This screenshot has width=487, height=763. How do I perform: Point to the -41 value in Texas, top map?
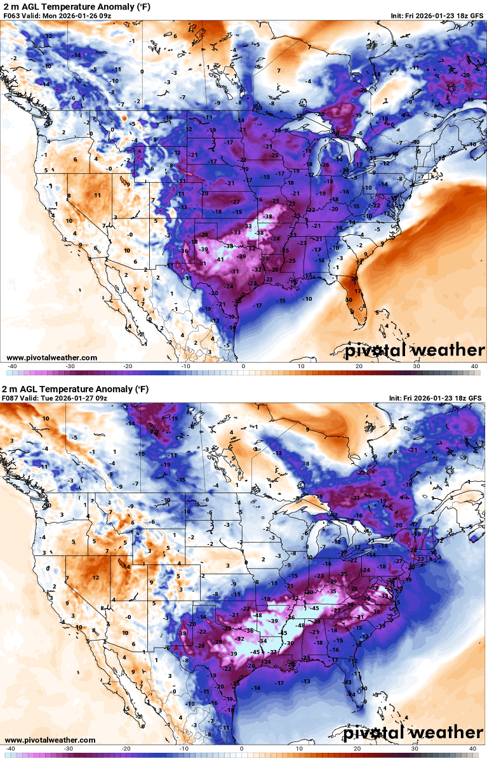click(220, 260)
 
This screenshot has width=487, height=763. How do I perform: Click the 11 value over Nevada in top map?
click(97, 195)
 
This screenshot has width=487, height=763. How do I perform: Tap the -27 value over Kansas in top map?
click(236, 201)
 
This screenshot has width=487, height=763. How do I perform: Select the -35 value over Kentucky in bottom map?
click(332, 591)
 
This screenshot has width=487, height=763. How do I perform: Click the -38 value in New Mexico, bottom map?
click(183, 634)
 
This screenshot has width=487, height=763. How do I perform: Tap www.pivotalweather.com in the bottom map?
click(51, 740)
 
